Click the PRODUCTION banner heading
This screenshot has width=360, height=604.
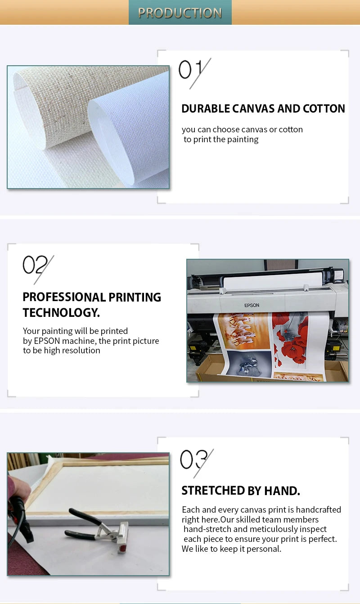(x=180, y=13)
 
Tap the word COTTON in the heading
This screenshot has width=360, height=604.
(x=324, y=108)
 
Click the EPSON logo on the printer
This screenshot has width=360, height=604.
(x=252, y=305)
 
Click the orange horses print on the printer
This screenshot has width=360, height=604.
(x=243, y=331)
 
